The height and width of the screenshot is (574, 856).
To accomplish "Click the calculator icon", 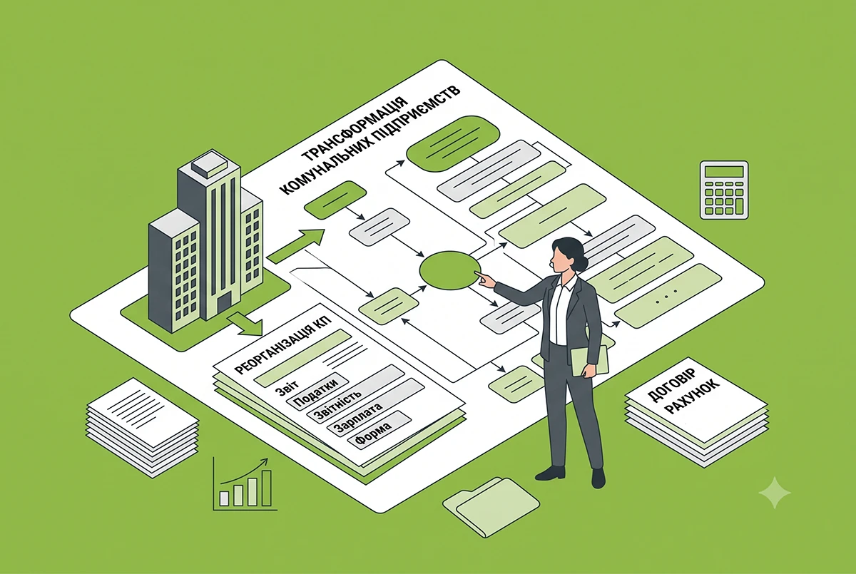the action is pos(724,190).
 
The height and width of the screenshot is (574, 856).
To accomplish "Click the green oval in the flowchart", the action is pos(450,270).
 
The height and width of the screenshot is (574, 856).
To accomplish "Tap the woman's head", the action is pos(569,255).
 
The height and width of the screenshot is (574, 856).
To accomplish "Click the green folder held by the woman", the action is pos(589,361).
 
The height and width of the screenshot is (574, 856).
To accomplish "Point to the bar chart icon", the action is pos(245,484).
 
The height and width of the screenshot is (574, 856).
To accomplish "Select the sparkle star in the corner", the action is pos(775,493).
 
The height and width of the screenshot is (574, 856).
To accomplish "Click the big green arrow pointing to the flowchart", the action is pos(296,245).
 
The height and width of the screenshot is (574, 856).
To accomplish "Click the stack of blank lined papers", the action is pos(143,428).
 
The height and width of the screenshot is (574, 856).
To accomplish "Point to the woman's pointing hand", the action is pos(484,280).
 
